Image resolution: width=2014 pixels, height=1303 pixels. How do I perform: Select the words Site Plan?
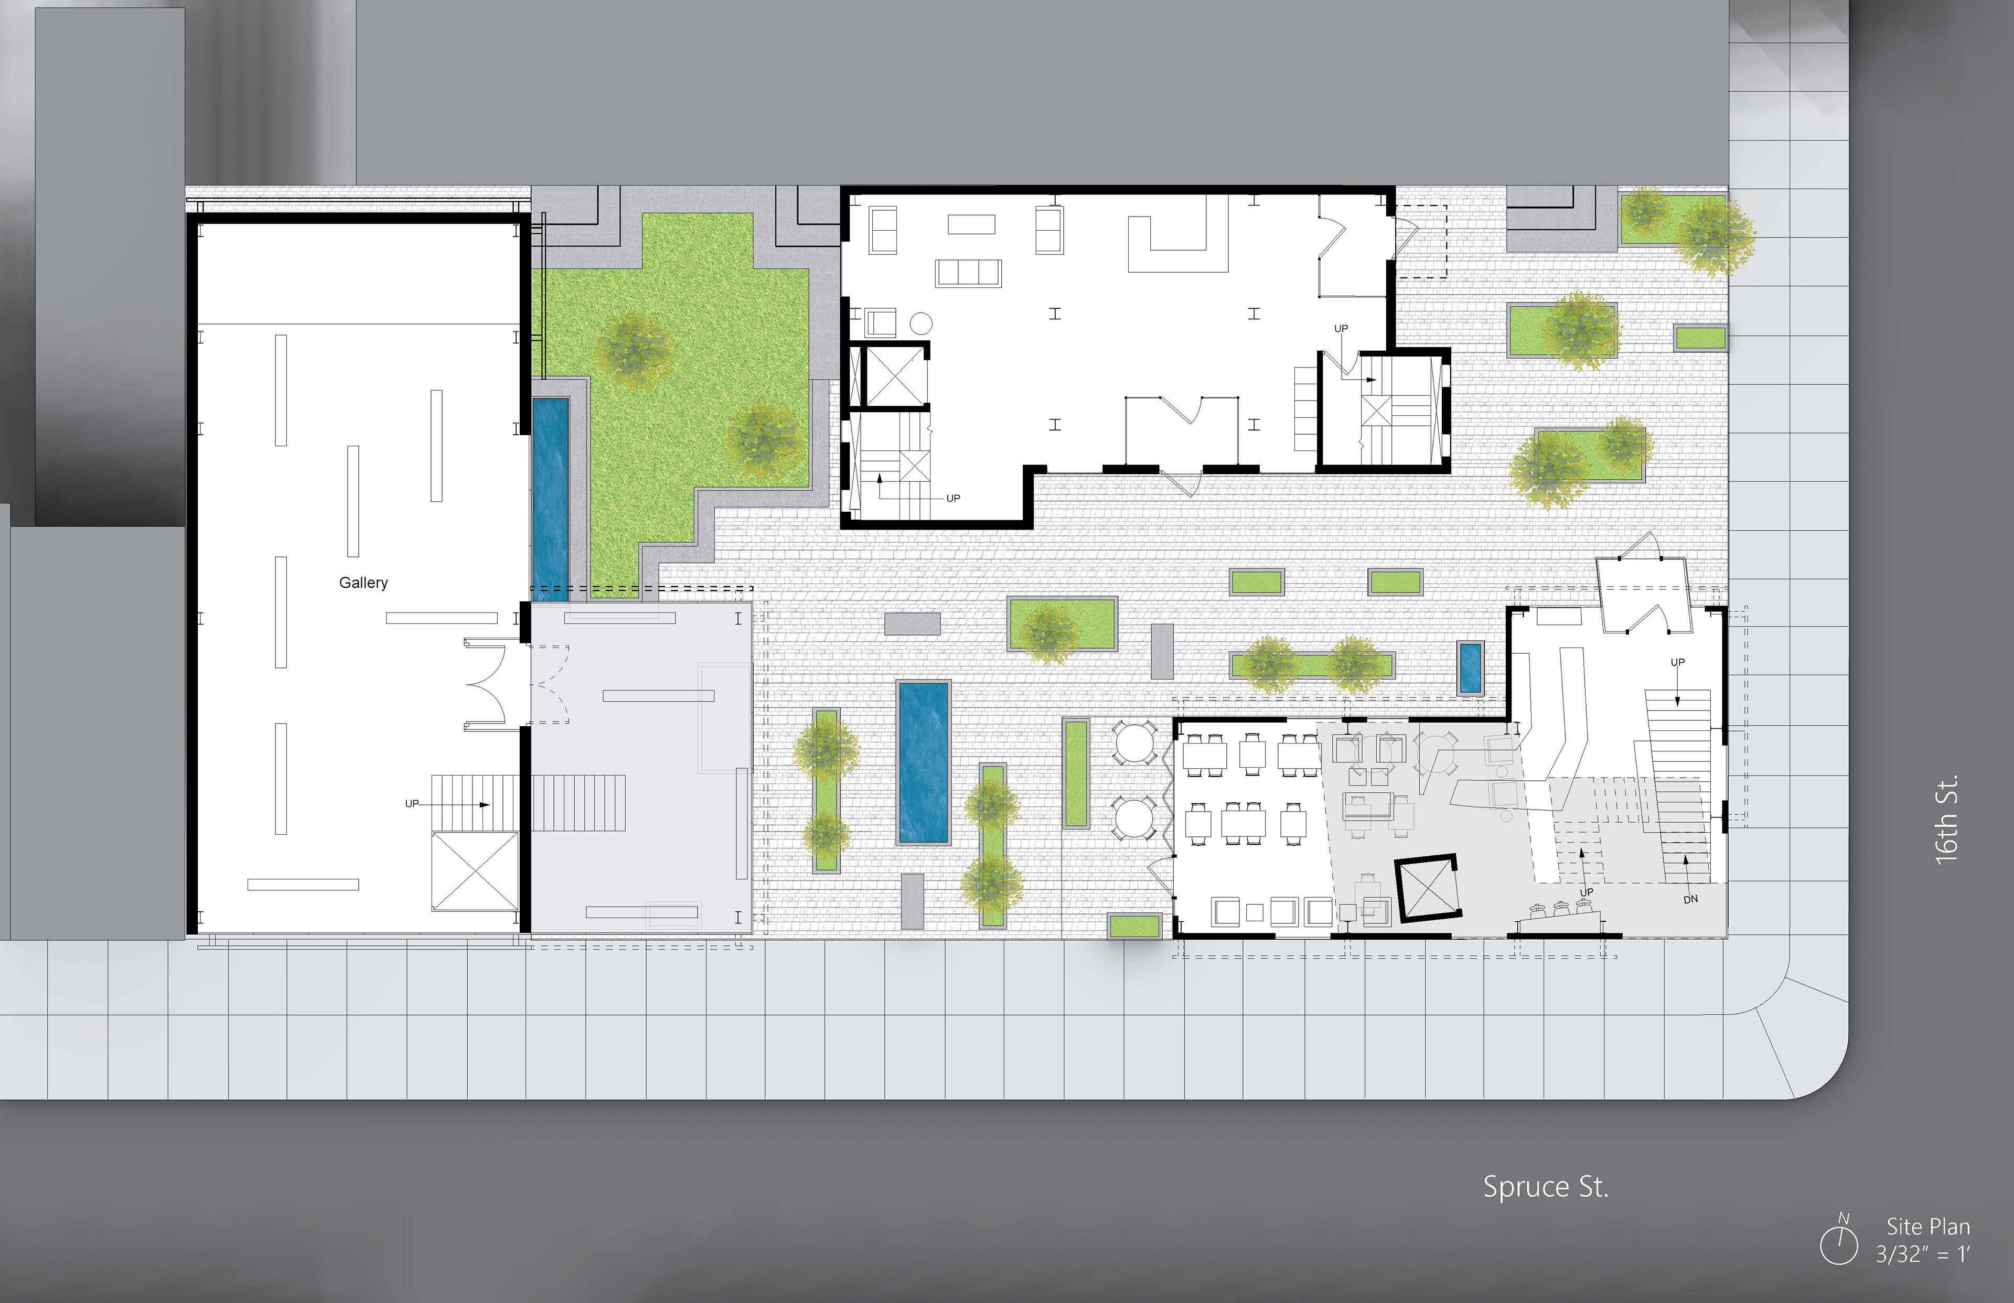1927,1227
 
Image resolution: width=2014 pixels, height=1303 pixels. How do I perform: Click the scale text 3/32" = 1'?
1923,1254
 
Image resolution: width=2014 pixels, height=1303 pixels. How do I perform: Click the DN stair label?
1690,899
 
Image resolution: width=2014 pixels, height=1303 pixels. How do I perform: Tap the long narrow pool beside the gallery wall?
550,499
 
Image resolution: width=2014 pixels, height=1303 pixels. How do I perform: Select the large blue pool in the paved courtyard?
923,762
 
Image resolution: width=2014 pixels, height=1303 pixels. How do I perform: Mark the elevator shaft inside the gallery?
474,871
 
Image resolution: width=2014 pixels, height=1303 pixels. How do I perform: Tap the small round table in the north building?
920,323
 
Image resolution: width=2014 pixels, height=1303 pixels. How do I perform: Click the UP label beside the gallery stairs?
412,803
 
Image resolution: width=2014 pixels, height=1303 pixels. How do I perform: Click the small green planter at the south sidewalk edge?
1134,925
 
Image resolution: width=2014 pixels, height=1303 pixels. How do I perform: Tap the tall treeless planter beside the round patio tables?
1076,773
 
